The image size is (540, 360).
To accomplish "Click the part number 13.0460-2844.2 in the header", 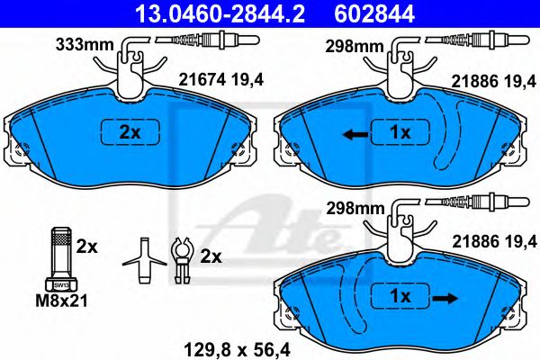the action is (x=220, y=14).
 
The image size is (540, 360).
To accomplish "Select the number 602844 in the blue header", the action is (x=374, y=14).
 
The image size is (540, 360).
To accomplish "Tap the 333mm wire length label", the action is (x=85, y=45).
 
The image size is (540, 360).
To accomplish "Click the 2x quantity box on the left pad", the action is (x=130, y=131).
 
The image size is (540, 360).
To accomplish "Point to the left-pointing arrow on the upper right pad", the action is (x=355, y=134).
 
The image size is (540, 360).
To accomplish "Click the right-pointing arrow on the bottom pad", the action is (x=445, y=298).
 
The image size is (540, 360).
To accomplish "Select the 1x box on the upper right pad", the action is (x=400, y=131).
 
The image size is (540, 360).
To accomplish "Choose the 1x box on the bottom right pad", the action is (x=400, y=296).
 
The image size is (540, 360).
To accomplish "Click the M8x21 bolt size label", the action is (x=62, y=301).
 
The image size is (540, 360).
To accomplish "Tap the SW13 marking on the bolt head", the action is (x=61, y=285).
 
